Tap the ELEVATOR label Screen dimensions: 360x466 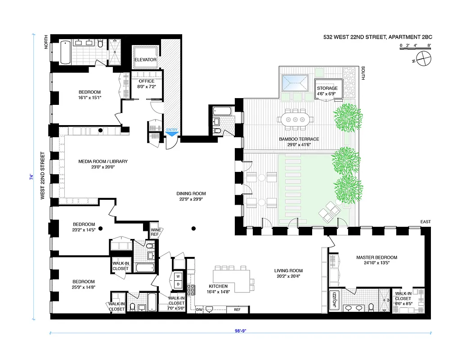pyautogui.click(x=145, y=59)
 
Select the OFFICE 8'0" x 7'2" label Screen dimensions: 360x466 pyautogui.click(x=146, y=84)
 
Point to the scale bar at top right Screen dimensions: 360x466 pyautogui.click(x=415, y=46)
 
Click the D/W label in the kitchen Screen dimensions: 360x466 pyautogui.click(x=200, y=310)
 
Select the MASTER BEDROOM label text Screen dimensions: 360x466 pyautogui.click(x=376, y=258)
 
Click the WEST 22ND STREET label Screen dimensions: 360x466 pyautogui.click(x=42, y=176)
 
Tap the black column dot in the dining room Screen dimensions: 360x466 pyautogui.click(x=193, y=229)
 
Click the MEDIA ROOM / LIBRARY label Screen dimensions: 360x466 pyautogui.click(x=103, y=164)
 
